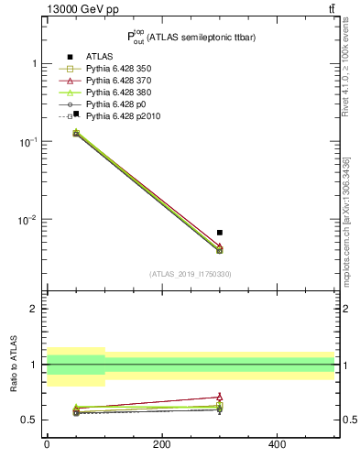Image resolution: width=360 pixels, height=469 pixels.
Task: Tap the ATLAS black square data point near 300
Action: coord(220,233)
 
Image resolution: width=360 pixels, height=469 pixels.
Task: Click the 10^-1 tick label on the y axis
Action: coord(27,142)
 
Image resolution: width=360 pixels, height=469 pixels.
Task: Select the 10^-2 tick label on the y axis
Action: coord(27,220)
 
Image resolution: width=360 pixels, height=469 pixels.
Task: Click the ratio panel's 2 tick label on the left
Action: coord(34,309)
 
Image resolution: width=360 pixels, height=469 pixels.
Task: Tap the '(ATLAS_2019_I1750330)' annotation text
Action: coord(191,273)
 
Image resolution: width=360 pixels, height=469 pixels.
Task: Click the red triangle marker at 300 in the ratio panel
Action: coord(220,397)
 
